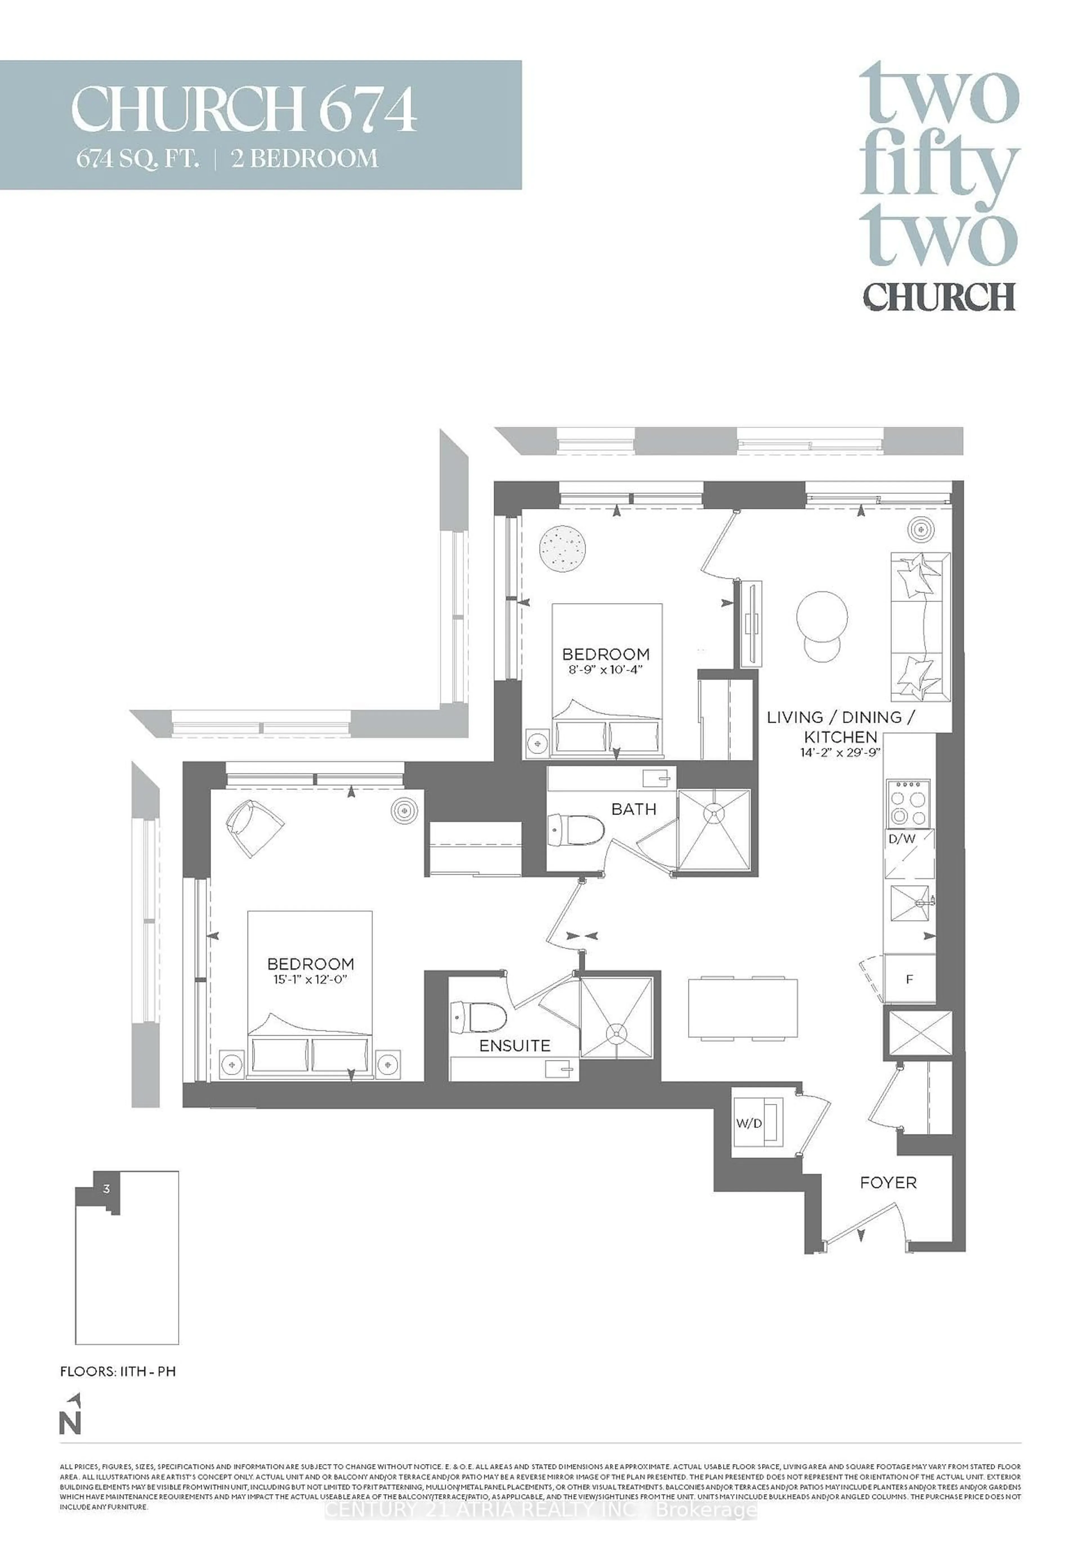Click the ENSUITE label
(515, 1046)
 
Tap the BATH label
(633, 809)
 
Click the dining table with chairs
(742, 1008)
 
